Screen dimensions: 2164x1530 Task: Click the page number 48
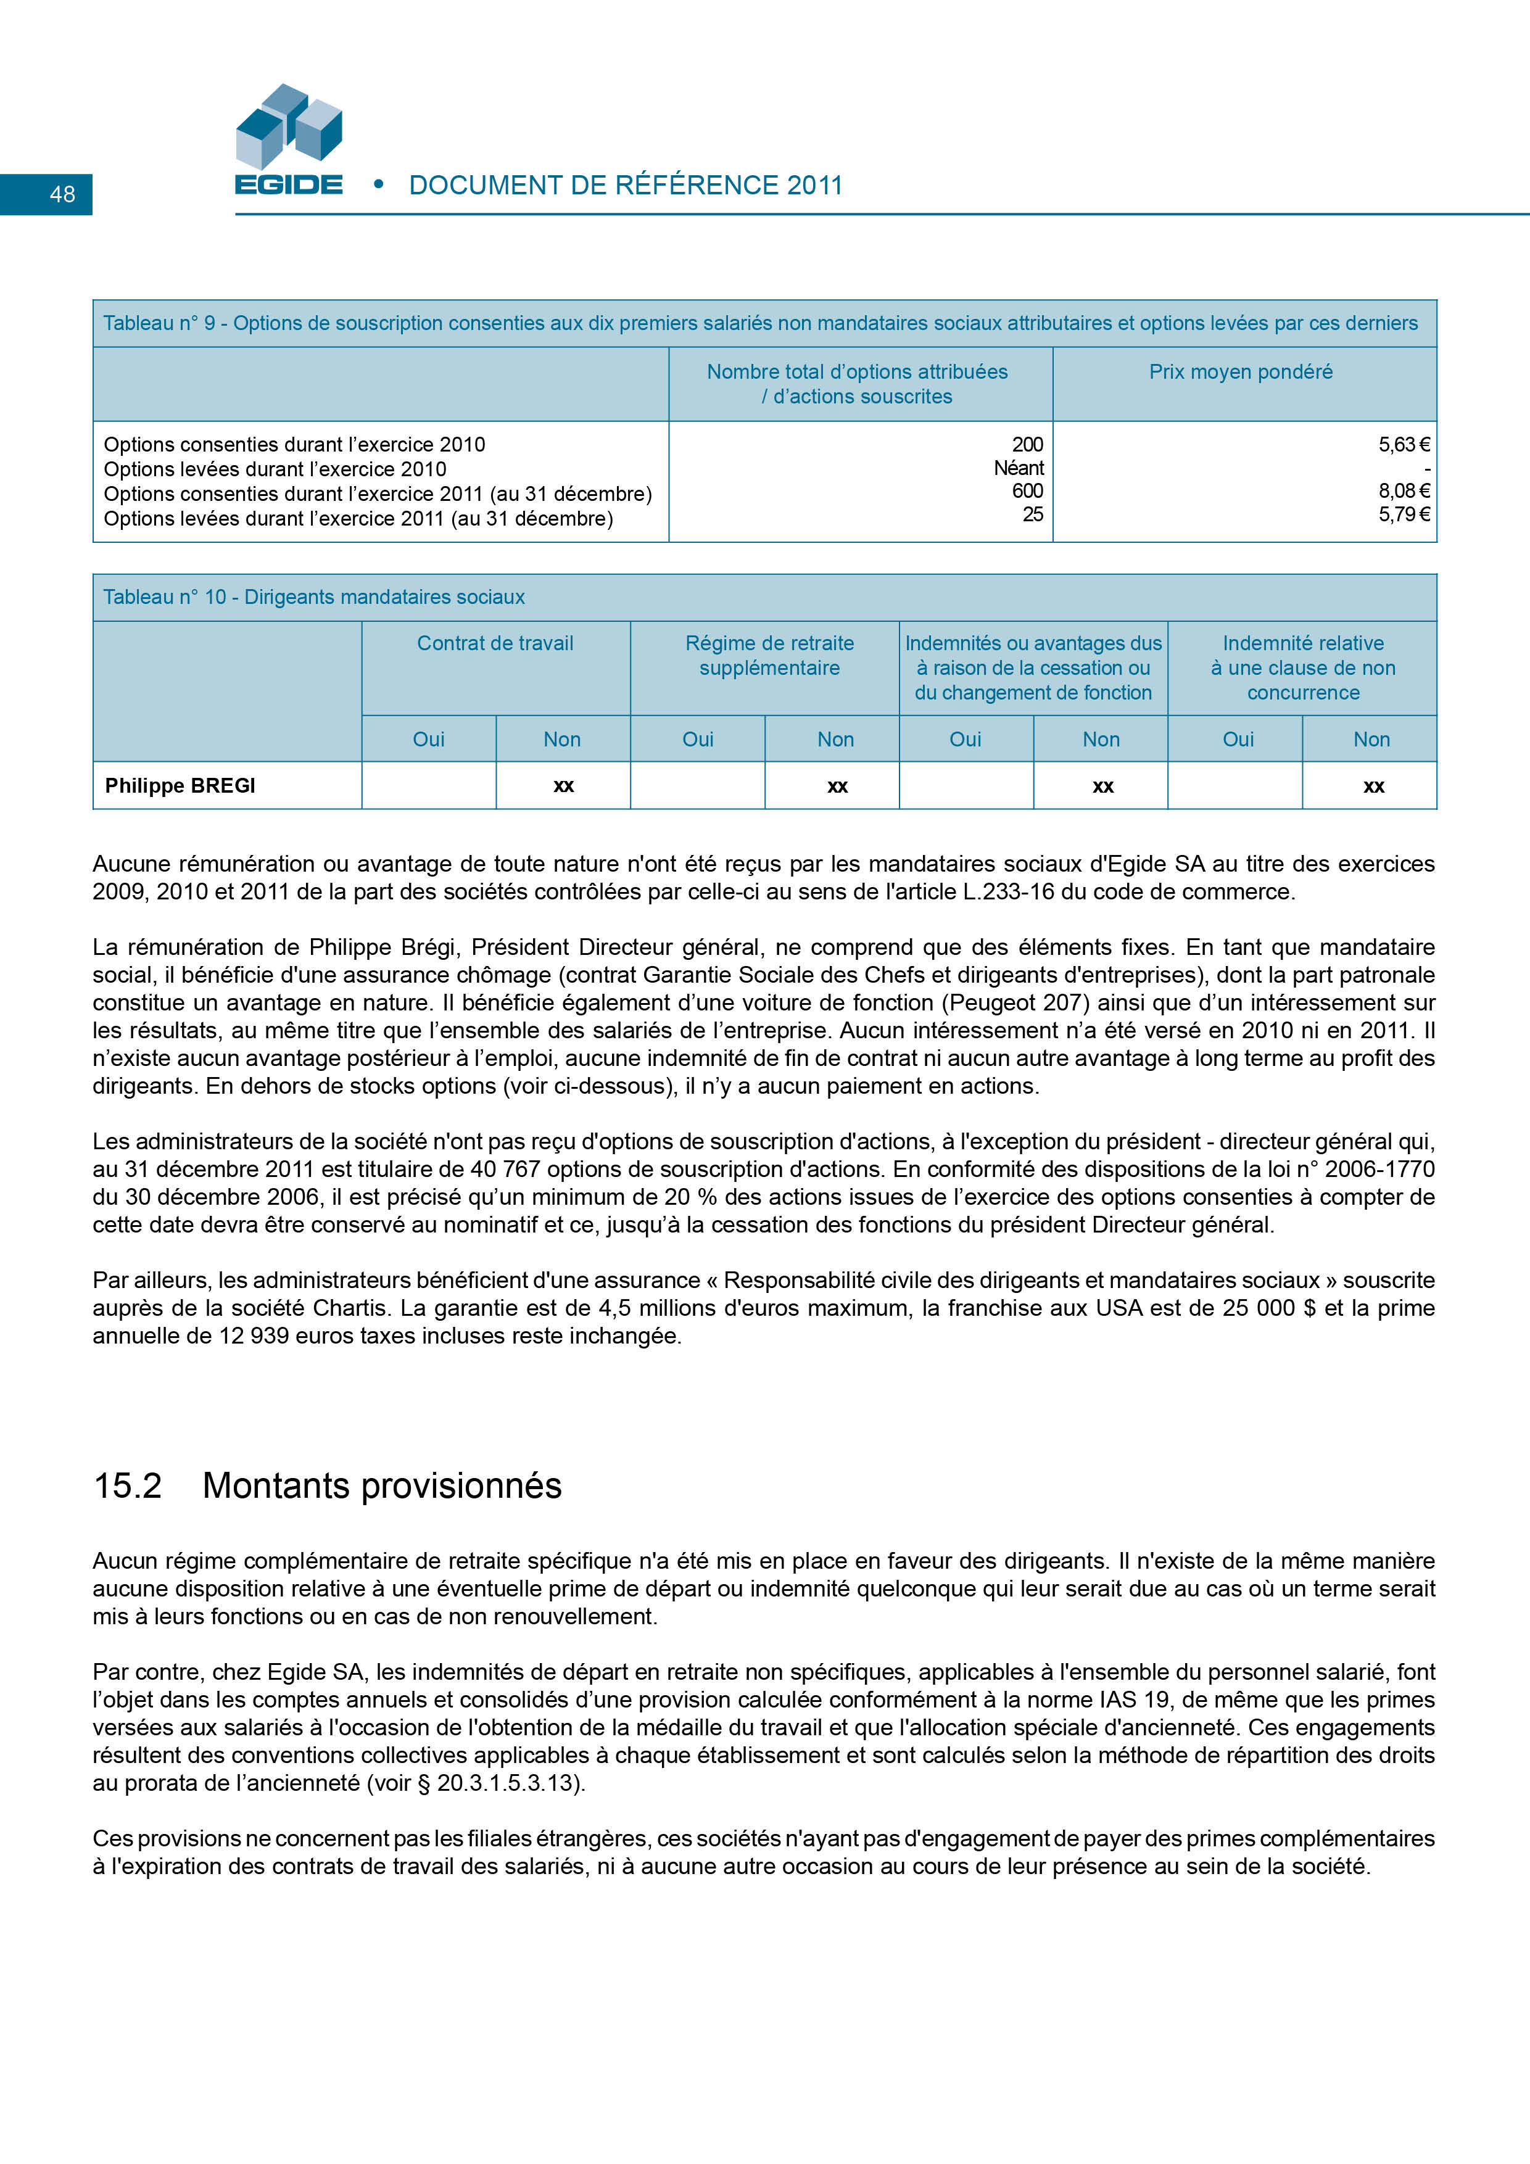(x=62, y=194)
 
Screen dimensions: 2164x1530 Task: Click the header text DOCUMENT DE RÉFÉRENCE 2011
(x=625, y=186)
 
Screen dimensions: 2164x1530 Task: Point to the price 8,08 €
(x=1404, y=491)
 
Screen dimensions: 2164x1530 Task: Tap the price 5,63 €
(x=1404, y=444)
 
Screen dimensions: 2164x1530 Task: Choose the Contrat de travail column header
(x=495, y=644)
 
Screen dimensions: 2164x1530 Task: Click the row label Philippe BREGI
(x=180, y=786)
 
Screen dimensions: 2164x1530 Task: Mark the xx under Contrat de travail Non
(x=563, y=786)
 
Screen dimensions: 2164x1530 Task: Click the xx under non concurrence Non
(x=1373, y=786)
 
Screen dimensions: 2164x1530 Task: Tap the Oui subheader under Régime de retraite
(x=698, y=740)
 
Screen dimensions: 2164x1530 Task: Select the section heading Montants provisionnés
(x=382, y=1486)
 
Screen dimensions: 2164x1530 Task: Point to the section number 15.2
(x=127, y=1486)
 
